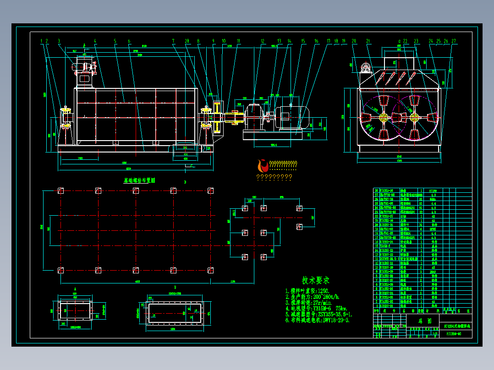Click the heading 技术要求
pyautogui.click(x=315, y=280)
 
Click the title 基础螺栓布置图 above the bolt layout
pyautogui.click(x=139, y=180)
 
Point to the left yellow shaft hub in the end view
pyautogui.click(x=384, y=116)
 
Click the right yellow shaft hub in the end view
pyautogui.click(x=415, y=116)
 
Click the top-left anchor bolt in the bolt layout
pyautogui.click(x=60, y=190)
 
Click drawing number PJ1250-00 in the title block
pyautogui.click(x=453, y=334)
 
